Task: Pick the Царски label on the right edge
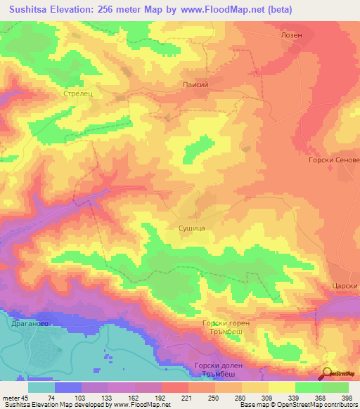point(345,286)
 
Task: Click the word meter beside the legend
point(12,397)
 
